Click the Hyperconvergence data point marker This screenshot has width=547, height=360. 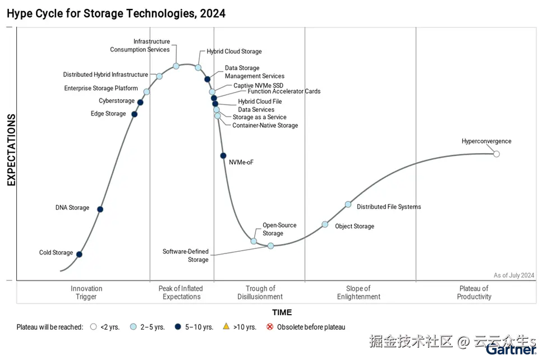point(496,154)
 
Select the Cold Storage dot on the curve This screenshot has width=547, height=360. point(79,255)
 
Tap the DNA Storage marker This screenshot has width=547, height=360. point(100,209)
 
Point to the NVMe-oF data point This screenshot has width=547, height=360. point(223,155)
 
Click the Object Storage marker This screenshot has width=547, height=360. point(325,224)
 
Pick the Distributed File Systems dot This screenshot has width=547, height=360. point(348,204)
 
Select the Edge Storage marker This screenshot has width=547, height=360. point(134,114)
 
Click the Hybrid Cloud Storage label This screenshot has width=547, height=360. point(234,52)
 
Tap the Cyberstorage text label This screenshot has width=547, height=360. point(117,101)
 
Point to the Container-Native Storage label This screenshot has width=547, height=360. point(265,126)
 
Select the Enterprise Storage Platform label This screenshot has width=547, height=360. point(101,88)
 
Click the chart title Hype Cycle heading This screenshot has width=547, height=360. point(116,13)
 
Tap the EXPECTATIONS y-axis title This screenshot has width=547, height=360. point(11,150)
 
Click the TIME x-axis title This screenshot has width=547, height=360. point(282,312)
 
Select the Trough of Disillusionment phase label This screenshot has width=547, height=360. point(260,293)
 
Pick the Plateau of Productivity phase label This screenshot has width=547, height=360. point(474,293)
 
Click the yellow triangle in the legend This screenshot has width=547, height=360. point(226,326)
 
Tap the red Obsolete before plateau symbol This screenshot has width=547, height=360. point(270,327)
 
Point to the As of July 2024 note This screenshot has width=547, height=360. point(514,275)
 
